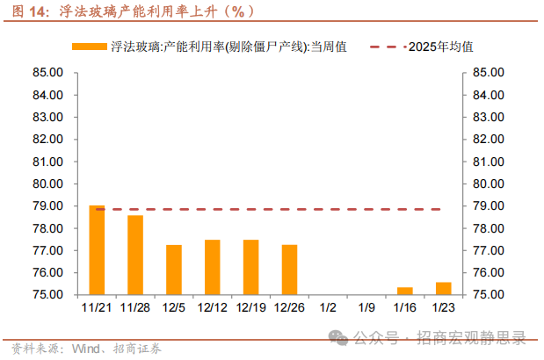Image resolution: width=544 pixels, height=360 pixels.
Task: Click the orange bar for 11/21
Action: pos(97,250)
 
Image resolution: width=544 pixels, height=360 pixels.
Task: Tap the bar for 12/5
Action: pos(174,270)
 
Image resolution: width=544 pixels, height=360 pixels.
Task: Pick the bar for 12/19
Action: pos(250,267)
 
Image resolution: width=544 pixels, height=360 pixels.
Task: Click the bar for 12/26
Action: pos(289,270)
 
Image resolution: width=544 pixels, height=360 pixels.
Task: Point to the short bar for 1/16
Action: pos(404,291)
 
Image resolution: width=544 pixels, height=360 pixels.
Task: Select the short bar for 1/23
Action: pos(443,288)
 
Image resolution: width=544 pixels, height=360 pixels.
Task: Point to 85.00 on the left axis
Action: pos(48,72)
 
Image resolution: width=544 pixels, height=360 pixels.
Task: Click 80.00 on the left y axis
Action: pos(48,184)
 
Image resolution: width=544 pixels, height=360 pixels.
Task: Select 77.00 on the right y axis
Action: pos(487,250)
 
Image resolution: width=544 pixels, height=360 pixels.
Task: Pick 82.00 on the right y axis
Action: pos(487,139)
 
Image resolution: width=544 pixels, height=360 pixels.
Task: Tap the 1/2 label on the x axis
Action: pos(328,307)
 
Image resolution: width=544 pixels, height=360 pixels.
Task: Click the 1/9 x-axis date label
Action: pos(366,307)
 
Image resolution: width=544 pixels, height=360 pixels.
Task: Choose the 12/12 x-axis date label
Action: pos(212,307)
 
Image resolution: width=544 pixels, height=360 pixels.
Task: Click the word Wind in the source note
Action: pos(81,348)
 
